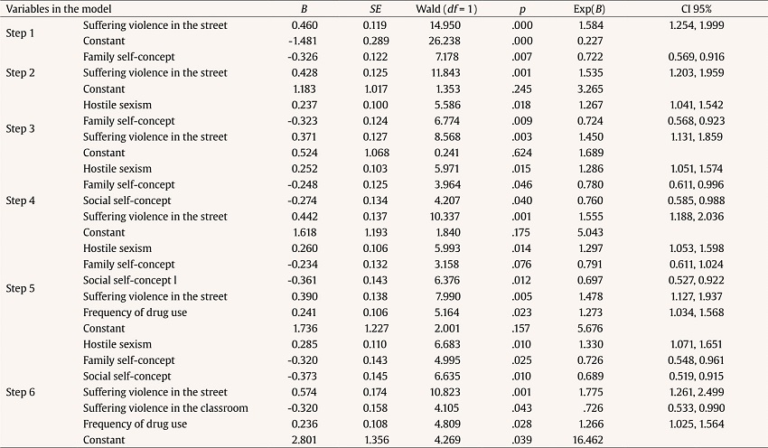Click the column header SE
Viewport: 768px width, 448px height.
tap(367, 8)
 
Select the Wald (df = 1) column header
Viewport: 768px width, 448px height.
tap(431, 8)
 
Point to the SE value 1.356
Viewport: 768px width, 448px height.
tap(367, 440)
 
